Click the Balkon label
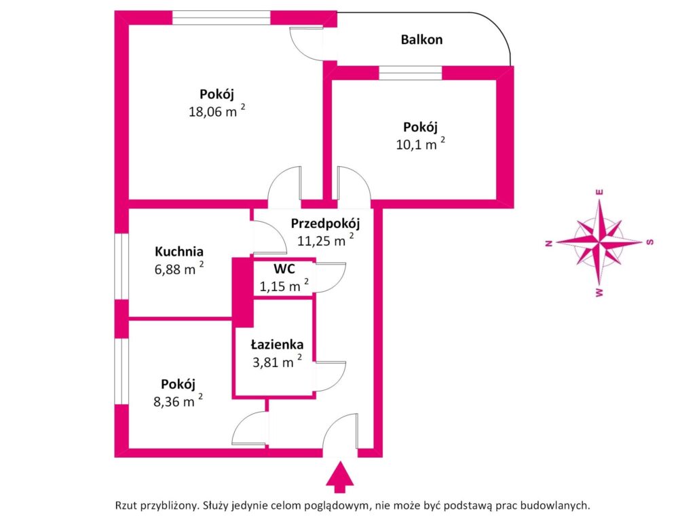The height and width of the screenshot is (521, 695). (421, 39)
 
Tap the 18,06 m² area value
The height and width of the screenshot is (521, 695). (217, 111)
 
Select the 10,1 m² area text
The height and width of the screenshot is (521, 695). (420, 144)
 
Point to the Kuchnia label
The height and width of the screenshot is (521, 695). (179, 251)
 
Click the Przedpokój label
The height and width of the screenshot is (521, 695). (325, 223)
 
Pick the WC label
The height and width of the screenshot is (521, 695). (284, 269)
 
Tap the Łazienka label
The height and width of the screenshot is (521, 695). (278, 344)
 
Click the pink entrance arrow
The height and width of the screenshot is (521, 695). (340, 477)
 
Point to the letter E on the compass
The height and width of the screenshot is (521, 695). (600, 192)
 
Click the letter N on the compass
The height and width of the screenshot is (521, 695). (548, 244)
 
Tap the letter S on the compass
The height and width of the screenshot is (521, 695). (650, 242)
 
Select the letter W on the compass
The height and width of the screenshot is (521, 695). (599, 292)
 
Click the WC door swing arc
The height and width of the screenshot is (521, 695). (331, 278)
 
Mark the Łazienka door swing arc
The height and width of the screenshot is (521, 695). (331, 377)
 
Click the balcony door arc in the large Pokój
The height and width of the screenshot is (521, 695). (307, 43)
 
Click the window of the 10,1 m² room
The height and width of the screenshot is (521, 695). (411, 73)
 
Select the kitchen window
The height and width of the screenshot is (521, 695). (121, 266)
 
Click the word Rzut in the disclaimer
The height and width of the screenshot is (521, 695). (126, 505)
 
